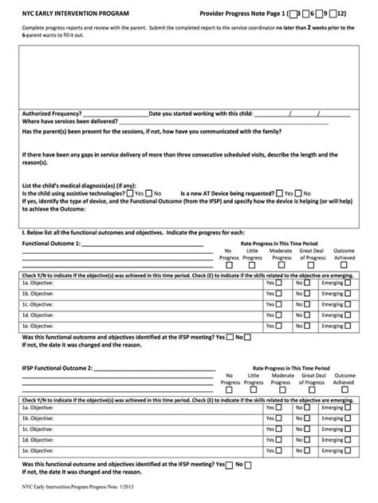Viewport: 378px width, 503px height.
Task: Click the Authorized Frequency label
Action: coord(50,113)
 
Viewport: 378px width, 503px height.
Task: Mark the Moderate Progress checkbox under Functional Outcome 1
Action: coord(282,266)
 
